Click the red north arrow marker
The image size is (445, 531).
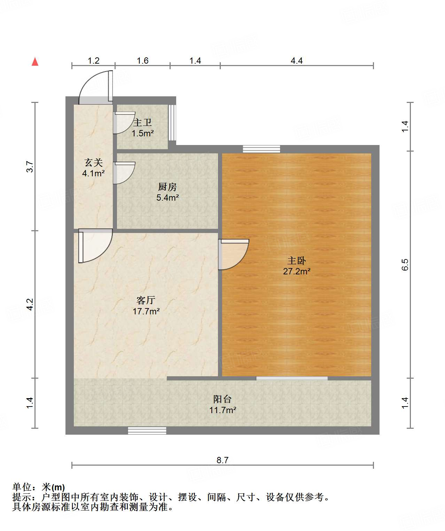point(35,62)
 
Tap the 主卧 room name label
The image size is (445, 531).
point(296,260)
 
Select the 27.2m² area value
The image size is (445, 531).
point(296,271)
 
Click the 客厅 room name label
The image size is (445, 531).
point(146,300)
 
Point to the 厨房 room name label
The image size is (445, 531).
point(167,187)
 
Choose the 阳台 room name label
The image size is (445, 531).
point(222,399)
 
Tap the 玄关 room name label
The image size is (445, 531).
point(93,162)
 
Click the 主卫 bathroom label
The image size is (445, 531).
point(142,122)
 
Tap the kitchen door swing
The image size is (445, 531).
point(124,173)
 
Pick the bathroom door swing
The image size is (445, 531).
point(124,123)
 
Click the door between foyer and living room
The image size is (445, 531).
point(94,245)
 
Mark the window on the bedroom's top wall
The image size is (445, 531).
point(261,149)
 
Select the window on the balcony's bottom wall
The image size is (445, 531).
point(147,431)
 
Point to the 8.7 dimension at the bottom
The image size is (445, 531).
point(222,460)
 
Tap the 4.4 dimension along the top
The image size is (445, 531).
point(296,61)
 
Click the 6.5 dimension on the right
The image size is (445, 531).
point(405,265)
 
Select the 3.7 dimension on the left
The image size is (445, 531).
point(30,167)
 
